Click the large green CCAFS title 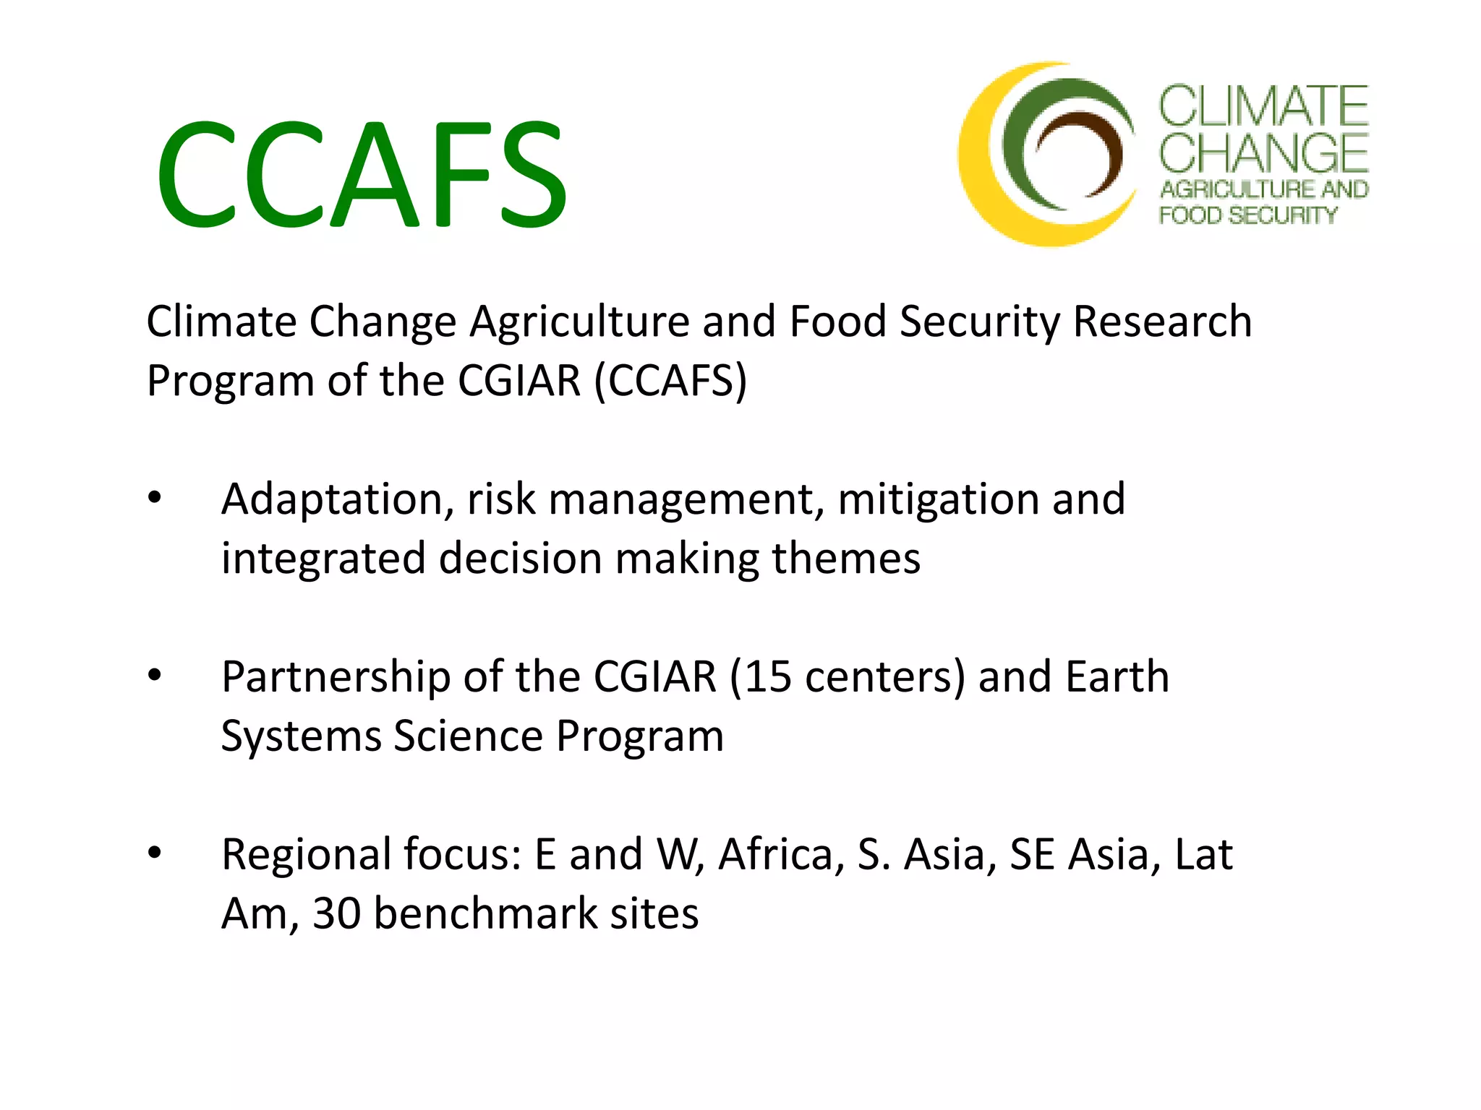click(x=362, y=173)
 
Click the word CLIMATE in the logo click(x=1263, y=106)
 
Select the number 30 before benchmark click(x=337, y=913)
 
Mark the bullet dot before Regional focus click(x=154, y=853)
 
